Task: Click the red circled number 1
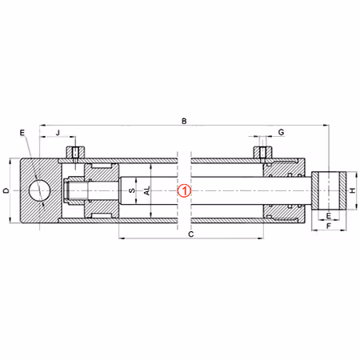click(185, 191)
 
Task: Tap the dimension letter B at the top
click(184, 122)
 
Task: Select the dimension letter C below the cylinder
click(191, 234)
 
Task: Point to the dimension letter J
click(58, 133)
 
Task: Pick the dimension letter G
click(281, 132)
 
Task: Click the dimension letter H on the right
click(353, 190)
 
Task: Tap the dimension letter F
click(329, 226)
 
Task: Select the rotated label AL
click(147, 191)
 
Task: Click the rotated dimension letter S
click(132, 190)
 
